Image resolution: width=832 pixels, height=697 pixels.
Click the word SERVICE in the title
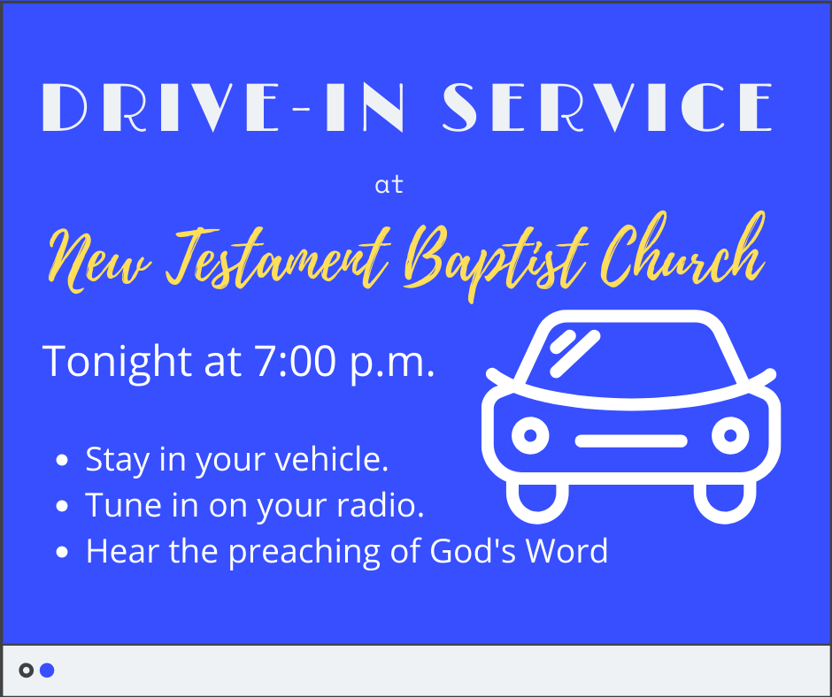tap(607, 107)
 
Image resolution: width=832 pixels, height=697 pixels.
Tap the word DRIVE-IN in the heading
tap(223, 107)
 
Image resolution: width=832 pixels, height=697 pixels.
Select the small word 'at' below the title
tap(389, 185)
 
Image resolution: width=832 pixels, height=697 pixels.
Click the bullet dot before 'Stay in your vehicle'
tap(62, 460)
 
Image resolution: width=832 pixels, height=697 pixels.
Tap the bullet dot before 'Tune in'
tap(62, 506)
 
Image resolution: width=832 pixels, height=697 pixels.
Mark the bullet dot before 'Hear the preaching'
tap(62, 552)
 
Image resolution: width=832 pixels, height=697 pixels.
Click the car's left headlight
tap(530, 435)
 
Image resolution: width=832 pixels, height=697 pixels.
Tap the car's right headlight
tap(730, 435)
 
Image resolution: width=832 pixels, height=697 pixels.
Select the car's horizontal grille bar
tap(631, 440)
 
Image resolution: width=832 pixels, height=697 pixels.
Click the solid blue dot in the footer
tap(47, 670)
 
